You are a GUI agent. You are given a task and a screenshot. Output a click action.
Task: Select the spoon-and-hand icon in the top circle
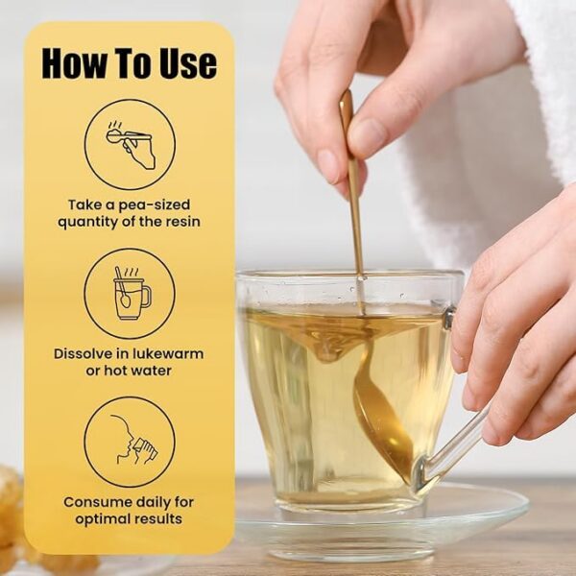click(130, 144)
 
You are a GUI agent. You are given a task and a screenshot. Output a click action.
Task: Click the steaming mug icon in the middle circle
click(131, 293)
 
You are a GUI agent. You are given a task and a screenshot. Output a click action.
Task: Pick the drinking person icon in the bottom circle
click(133, 440)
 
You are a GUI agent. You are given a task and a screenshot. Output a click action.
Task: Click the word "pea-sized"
click(154, 205)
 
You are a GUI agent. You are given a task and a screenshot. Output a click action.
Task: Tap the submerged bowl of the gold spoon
click(382, 422)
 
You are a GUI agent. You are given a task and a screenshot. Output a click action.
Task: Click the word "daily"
click(154, 503)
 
